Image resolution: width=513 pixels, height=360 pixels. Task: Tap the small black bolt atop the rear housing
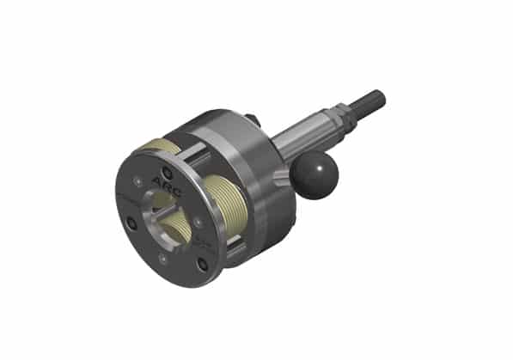(250, 119)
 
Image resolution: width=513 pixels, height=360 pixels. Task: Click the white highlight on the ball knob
(305, 169)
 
